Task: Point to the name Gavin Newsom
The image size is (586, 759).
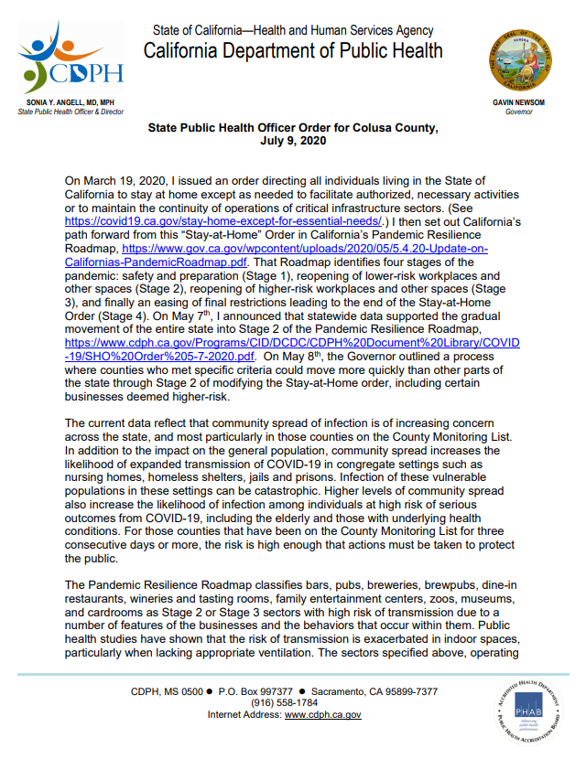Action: tap(518, 105)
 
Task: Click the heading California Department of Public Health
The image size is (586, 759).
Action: tap(293, 50)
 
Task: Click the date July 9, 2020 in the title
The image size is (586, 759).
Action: tap(293, 142)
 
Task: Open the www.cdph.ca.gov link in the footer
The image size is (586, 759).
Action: tap(322, 714)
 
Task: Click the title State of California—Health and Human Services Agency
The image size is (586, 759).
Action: tap(293, 30)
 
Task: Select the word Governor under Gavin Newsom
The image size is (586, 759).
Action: tap(518, 113)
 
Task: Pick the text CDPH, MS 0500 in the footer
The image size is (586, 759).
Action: tap(166, 690)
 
